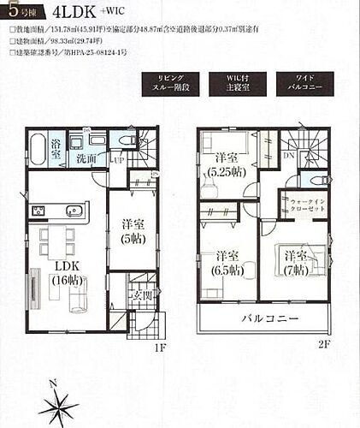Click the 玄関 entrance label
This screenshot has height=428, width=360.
[x=140, y=295]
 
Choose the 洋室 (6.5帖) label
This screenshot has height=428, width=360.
[x=226, y=262]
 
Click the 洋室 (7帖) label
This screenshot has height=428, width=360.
[x=296, y=262]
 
